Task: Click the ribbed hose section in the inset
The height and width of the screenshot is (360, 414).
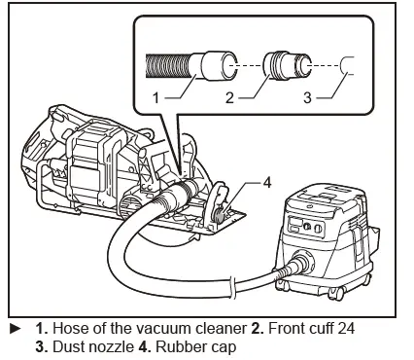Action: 170,66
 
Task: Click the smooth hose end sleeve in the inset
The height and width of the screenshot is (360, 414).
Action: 216,66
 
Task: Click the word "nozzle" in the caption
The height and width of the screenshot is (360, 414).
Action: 101,345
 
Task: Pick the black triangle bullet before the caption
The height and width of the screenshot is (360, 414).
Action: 11,329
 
